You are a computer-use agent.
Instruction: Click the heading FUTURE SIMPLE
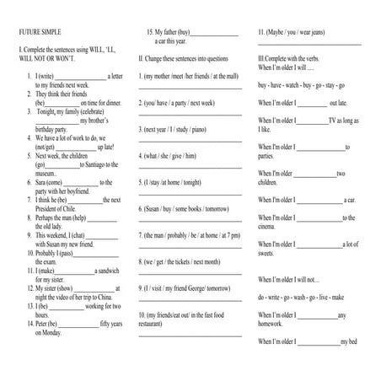tap(40, 32)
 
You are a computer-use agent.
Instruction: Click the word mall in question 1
tap(230, 76)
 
